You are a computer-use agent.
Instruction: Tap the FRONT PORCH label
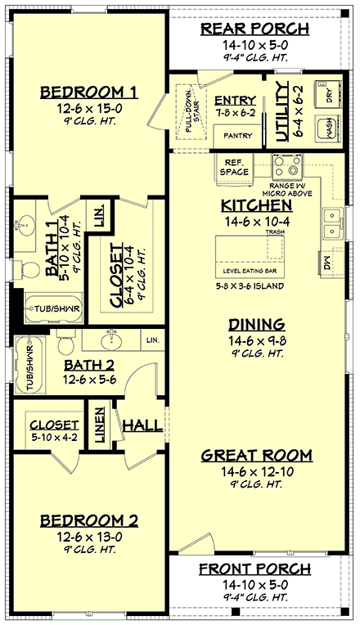tap(255, 568)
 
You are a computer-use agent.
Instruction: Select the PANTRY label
tap(236, 136)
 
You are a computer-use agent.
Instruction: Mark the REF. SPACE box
tap(233, 166)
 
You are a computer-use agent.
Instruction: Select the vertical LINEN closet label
tap(100, 425)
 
